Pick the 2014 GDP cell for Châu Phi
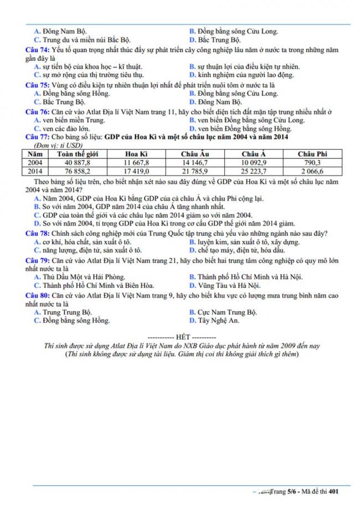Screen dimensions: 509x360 (x=313, y=172)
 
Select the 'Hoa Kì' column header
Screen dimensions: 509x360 (x=136, y=153)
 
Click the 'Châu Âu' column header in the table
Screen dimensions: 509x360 (x=195, y=153)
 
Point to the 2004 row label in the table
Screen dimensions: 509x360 (x=35, y=163)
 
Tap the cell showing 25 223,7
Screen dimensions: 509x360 (x=254, y=172)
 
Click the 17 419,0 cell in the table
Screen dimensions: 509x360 (x=136, y=172)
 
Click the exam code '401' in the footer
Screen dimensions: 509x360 (x=333, y=491)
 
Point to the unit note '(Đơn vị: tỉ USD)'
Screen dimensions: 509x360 (x=55, y=145)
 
